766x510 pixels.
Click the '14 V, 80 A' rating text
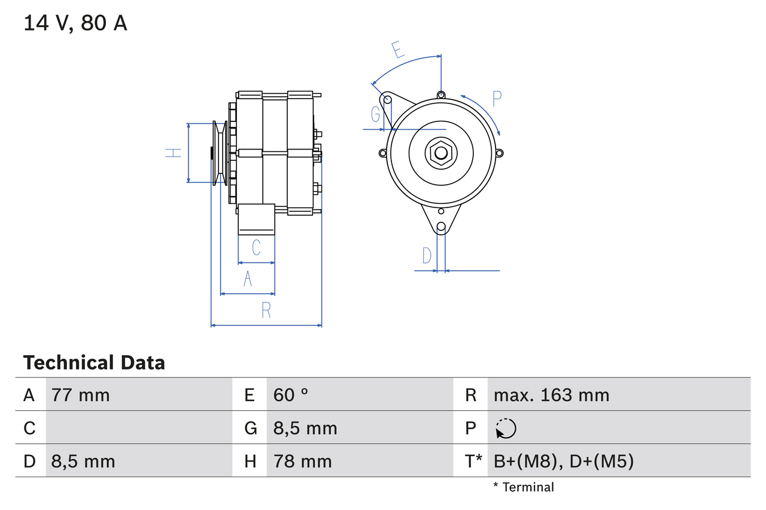click(75, 23)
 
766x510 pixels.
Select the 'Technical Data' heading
click(94, 362)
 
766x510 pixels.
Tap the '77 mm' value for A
click(81, 395)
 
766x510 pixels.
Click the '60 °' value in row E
click(291, 395)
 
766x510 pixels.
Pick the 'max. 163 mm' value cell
click(551, 395)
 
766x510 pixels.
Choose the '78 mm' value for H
click(302, 461)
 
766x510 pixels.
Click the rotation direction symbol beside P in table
click(506, 428)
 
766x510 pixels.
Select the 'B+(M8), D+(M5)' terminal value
click(563, 461)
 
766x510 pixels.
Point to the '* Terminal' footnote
click(524, 487)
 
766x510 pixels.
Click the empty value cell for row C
click(138, 428)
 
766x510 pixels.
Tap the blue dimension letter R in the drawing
click(266, 310)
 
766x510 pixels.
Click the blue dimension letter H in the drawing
click(174, 153)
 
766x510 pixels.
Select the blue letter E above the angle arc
click(397, 50)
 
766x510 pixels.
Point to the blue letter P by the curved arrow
click(497, 99)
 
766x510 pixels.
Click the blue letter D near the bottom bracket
click(426, 256)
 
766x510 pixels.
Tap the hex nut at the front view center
click(441, 152)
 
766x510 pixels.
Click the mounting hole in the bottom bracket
click(441, 227)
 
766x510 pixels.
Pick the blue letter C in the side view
click(256, 247)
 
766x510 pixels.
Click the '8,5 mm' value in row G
click(305, 428)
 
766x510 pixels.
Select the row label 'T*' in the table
click(473, 461)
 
